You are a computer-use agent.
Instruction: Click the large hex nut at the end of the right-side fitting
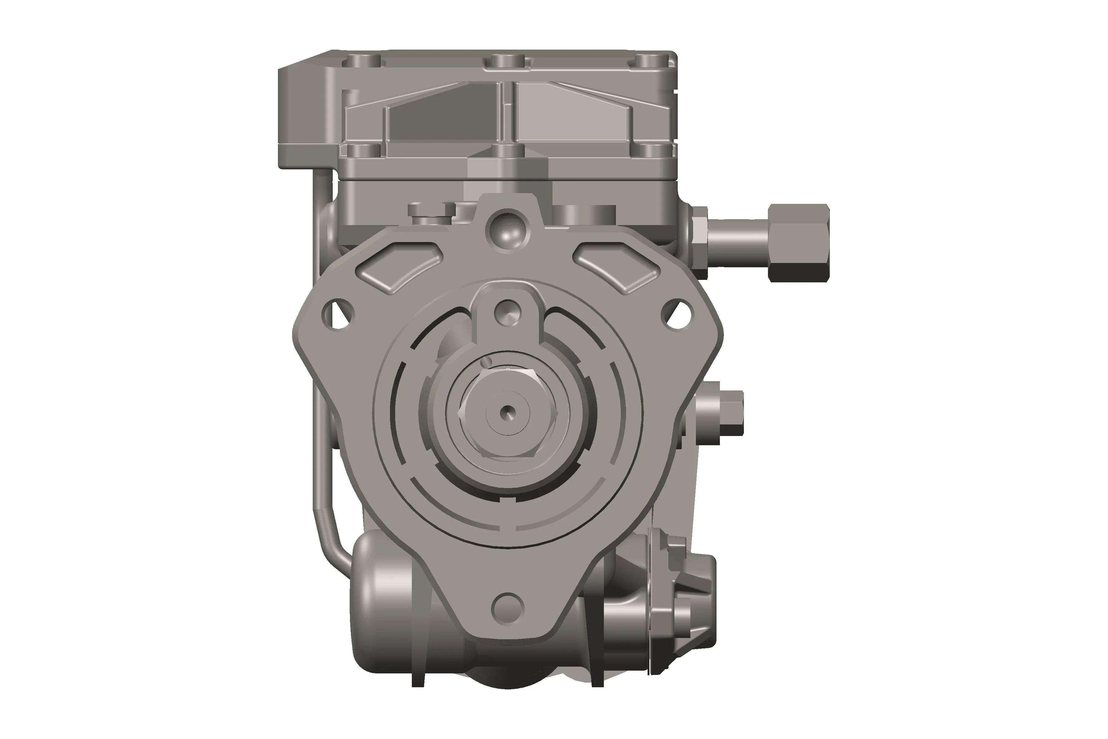[798, 243]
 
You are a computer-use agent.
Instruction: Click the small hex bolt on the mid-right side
[730, 412]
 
